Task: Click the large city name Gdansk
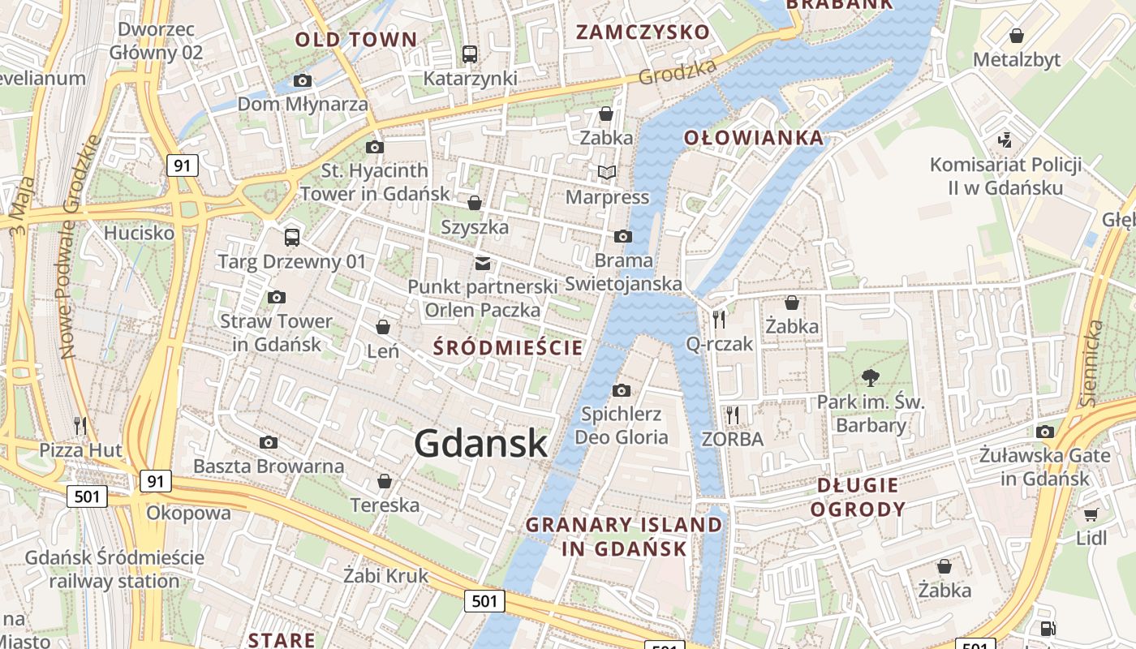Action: [481, 443]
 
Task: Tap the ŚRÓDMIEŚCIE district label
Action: [508, 348]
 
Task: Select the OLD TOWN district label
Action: [355, 39]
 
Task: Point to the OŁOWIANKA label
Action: [754, 138]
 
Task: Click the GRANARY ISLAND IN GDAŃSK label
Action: [624, 536]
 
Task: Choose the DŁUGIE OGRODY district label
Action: [858, 497]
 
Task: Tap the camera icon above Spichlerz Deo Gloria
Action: [622, 390]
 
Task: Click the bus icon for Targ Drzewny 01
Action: [292, 238]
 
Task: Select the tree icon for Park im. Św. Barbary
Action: [871, 377]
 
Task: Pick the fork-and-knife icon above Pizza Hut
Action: [80, 425]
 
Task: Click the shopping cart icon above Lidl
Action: [1091, 514]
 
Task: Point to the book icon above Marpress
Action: [607, 172]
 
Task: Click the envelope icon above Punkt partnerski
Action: [483, 263]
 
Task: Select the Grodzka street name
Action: [678, 71]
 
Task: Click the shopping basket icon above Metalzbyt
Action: [1016, 36]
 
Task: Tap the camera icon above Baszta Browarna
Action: [269, 442]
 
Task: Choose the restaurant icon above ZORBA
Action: [733, 415]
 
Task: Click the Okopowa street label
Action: [188, 513]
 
